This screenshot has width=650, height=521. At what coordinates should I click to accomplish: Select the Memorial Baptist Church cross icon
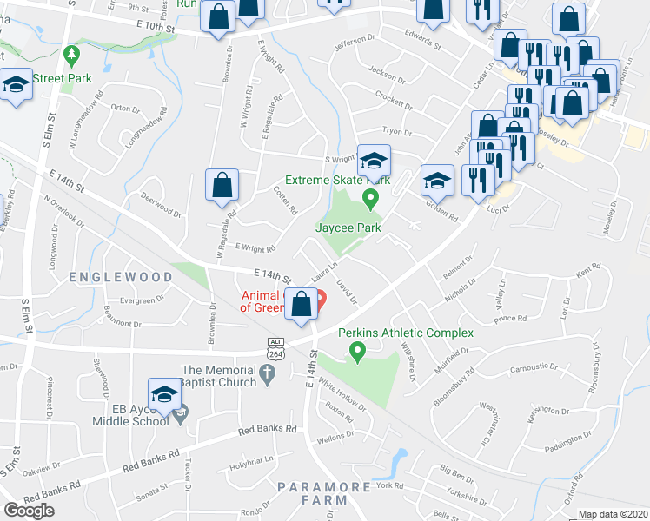(268, 376)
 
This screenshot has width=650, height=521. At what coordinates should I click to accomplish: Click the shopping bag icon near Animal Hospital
(302, 305)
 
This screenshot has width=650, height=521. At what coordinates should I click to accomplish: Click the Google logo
(29, 511)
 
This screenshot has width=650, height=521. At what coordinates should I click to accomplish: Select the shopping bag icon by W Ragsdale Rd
(222, 185)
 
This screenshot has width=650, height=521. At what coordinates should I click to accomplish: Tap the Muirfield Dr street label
(453, 357)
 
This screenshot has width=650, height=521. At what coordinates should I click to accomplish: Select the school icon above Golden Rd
(436, 180)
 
